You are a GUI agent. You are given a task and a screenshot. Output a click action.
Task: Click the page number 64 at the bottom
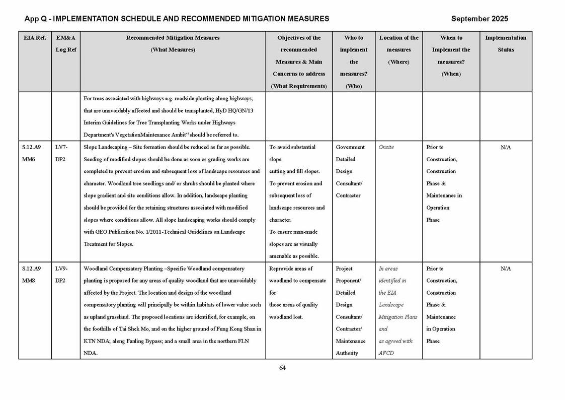(x=282, y=368)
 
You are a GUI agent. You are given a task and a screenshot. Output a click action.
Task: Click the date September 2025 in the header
(x=479, y=19)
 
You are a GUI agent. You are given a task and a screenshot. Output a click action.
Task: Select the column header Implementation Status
(x=506, y=44)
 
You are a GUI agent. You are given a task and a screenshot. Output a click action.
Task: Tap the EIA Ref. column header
(x=35, y=38)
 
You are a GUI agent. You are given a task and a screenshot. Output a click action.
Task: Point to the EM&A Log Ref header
(x=65, y=44)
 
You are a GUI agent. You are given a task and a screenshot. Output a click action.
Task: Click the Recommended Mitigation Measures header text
(x=173, y=38)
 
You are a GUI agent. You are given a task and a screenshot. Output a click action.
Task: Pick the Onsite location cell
(x=386, y=147)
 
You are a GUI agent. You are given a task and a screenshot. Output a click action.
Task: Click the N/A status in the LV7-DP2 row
(x=506, y=147)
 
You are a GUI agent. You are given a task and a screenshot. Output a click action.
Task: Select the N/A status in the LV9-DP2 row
(x=506, y=269)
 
